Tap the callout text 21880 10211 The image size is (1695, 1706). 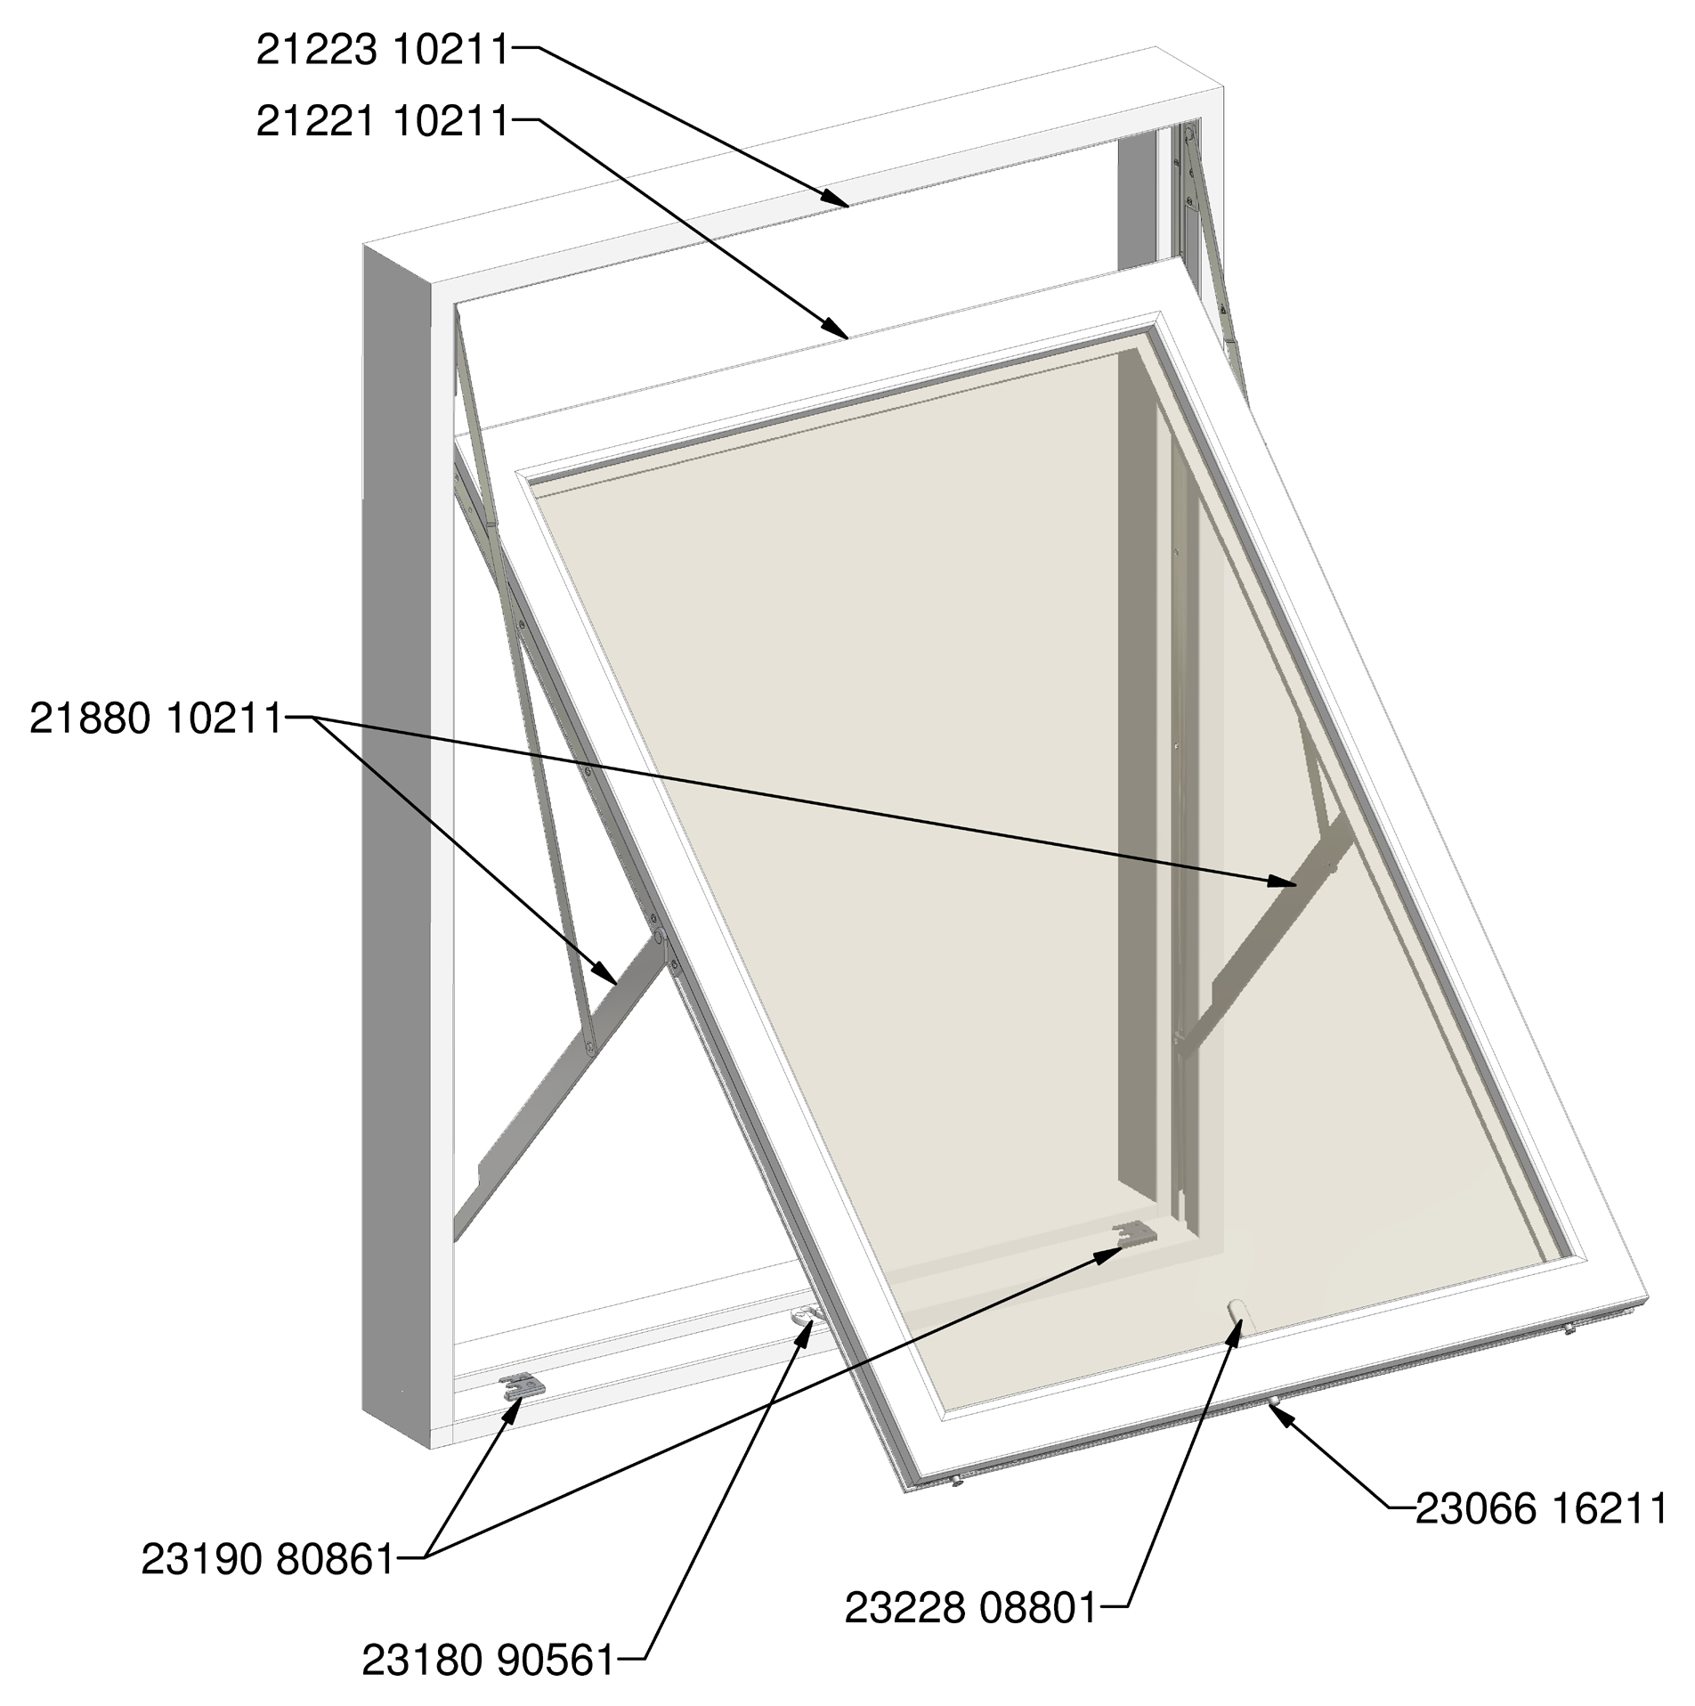[x=155, y=719]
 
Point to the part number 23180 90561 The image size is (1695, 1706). [x=488, y=1660]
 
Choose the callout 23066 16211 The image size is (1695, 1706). [x=1541, y=1509]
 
